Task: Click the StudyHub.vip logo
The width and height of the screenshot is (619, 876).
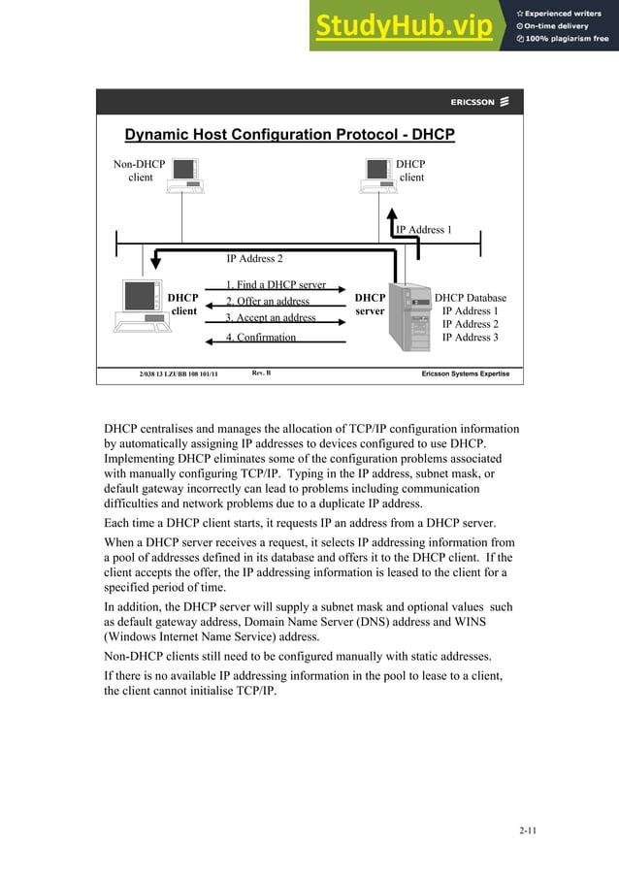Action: [x=404, y=27]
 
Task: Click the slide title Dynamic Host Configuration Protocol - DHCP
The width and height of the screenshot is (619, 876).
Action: [x=289, y=135]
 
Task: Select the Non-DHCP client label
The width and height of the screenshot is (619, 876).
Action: [x=140, y=171]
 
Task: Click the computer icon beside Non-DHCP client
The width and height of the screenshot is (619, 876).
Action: [x=185, y=174]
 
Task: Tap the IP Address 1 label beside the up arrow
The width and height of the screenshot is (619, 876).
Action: [x=423, y=230]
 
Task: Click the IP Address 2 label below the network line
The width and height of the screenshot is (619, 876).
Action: [x=254, y=259]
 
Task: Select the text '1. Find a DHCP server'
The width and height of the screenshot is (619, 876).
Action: [x=276, y=285]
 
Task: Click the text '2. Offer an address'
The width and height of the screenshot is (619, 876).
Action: [x=268, y=302]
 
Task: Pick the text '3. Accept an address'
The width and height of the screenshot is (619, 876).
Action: [x=271, y=318]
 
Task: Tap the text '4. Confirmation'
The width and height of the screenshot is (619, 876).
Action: [x=261, y=338]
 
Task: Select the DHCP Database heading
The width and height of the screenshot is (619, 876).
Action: [x=470, y=299]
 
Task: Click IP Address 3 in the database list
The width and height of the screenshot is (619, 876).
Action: [x=470, y=338]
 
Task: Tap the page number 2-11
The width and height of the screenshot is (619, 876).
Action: [x=528, y=830]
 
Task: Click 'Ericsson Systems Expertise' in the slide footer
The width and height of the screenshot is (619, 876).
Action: [x=465, y=374]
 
